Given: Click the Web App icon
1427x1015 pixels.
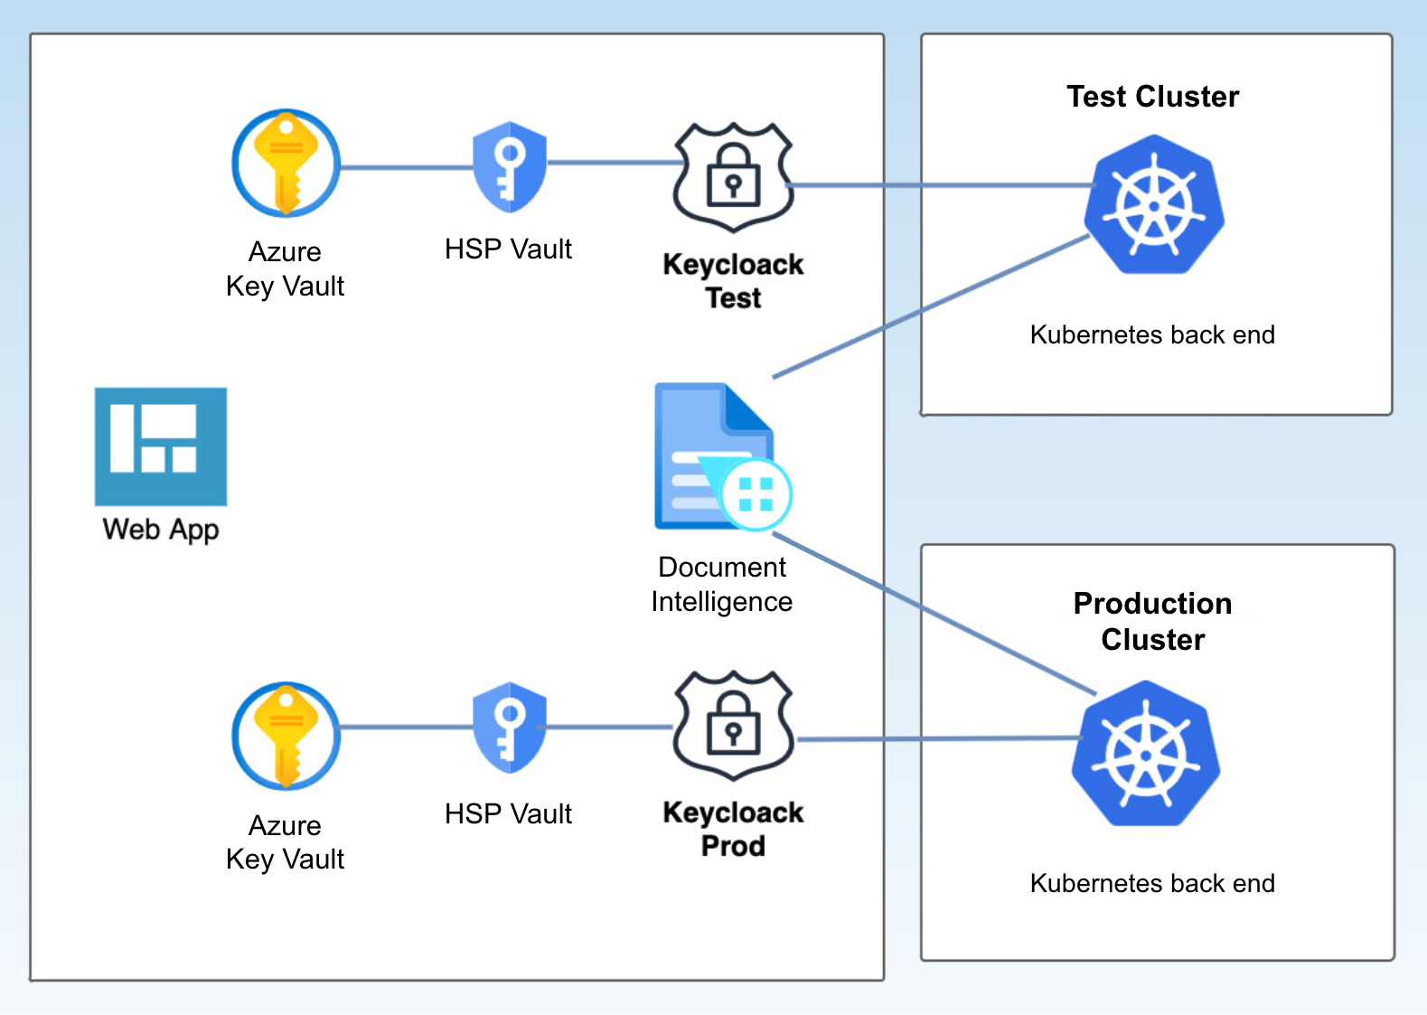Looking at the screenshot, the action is pos(161,446).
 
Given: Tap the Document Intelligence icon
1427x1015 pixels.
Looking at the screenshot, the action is pos(723,456).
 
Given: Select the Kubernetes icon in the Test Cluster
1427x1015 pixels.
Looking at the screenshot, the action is pos(1154,204).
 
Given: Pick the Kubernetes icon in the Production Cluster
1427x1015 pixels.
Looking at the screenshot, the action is pos(1145,753).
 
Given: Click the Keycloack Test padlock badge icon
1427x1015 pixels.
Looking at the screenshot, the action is pos(733,177).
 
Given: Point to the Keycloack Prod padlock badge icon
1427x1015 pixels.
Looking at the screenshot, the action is pos(733,725).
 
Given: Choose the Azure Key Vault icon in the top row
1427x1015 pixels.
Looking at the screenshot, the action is pos(286,163).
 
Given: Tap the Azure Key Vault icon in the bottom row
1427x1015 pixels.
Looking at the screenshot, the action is pos(286,736).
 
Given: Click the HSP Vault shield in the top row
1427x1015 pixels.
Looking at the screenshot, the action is pos(509,167).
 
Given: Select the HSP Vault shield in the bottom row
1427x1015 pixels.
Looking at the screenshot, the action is pos(509,728).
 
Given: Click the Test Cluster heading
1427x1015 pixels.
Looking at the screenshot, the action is pos(1153,97).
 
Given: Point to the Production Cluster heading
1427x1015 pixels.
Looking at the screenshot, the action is pos(1153,621).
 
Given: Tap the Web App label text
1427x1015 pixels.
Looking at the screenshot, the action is pos(161,531).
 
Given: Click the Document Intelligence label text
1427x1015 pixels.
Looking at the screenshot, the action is pos(722,584).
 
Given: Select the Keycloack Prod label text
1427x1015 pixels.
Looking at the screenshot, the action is pos(733,829).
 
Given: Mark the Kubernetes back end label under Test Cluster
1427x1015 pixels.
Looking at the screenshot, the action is pos(1152,334).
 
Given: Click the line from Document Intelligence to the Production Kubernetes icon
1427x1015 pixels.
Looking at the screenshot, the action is pos(934,614).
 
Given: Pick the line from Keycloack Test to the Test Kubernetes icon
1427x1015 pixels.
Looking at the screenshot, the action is pos(940,185).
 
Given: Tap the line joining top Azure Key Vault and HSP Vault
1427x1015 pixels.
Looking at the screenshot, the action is pos(407,167).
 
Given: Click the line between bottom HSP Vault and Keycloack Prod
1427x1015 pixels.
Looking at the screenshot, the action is pos(606,727).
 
